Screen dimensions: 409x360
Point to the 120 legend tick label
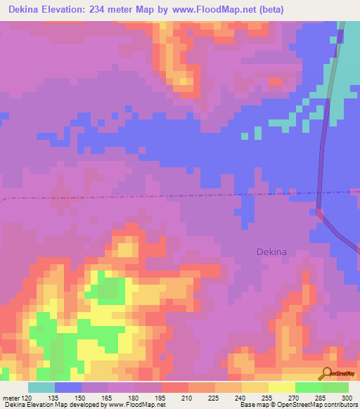point(27,397)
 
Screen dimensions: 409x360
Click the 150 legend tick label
point(82,397)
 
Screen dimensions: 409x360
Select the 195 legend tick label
point(161,397)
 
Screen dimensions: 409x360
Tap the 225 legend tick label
point(214,397)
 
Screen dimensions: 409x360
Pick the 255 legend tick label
point(268,397)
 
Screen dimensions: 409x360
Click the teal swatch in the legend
point(41,387)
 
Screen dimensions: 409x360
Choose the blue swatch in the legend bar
point(67,387)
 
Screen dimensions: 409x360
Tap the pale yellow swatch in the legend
point(281,387)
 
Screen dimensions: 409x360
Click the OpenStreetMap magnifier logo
point(328,374)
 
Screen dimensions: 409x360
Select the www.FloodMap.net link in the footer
point(136,405)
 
